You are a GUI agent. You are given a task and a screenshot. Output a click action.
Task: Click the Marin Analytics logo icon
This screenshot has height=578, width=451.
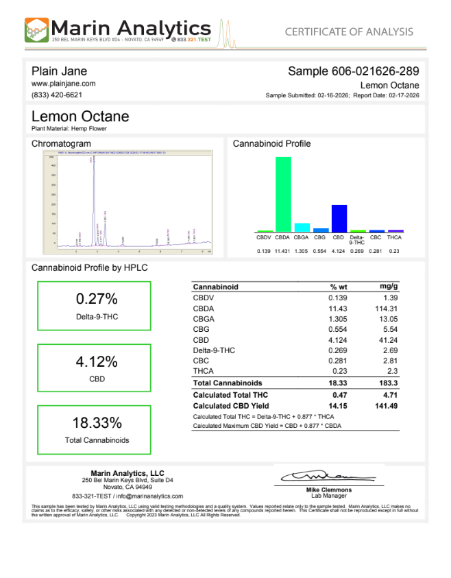pos(37,30)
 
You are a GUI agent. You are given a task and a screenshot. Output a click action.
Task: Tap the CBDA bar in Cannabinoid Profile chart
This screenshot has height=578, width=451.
pos(283,195)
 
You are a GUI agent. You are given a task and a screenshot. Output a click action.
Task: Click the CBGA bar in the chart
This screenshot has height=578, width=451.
pos(302,227)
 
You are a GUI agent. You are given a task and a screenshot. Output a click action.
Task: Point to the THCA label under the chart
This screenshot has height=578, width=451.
pos(394,237)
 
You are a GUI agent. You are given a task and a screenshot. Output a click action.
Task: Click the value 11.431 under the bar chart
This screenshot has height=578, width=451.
pos(283,251)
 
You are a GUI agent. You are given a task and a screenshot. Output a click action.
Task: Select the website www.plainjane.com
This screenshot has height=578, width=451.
pos(63,83)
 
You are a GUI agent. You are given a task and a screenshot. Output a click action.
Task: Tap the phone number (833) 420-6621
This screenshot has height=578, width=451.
pos(57,95)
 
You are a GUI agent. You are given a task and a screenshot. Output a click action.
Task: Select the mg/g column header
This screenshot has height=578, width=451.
pos(389,287)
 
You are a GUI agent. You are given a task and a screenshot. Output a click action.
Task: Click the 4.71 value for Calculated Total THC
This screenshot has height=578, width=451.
pos(389,395)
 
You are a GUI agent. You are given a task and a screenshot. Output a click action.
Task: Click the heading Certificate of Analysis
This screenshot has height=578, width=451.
pos(349,32)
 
